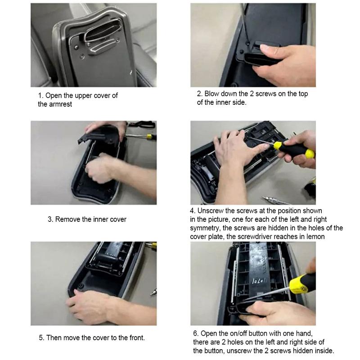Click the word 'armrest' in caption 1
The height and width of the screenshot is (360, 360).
pos(60,104)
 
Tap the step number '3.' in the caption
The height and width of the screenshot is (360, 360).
pos(50,220)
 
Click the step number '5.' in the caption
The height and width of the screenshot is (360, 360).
pos(49,338)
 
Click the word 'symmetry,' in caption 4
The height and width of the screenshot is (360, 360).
pos(205,228)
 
